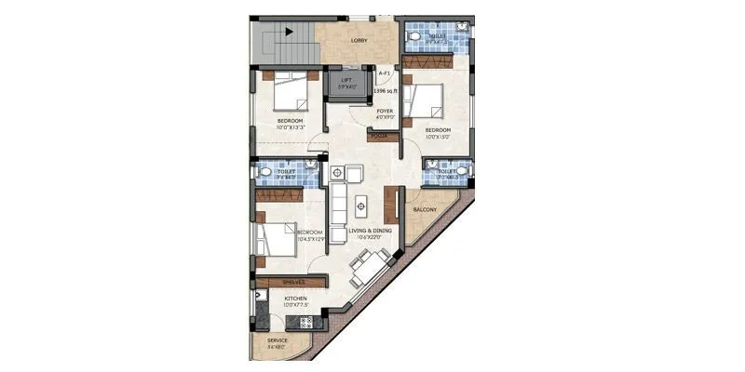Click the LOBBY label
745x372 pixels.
pos(359,41)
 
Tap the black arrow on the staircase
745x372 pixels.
pos(289,31)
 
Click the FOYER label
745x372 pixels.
pos(385,113)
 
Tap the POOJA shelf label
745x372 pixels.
pos(379,136)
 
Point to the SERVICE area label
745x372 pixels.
pos(278,341)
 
